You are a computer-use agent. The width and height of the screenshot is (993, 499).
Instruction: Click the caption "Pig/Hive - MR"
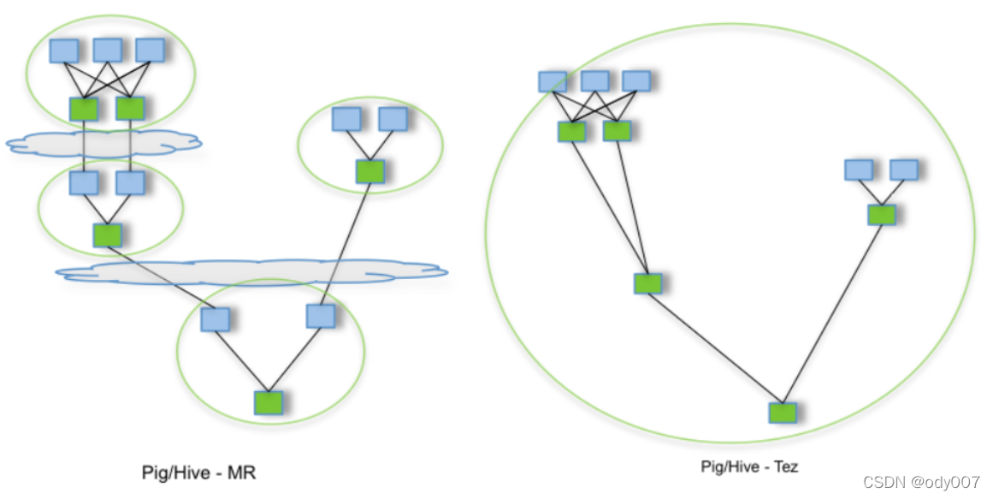click(x=198, y=472)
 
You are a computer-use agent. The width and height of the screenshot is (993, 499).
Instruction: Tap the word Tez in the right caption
click(x=783, y=467)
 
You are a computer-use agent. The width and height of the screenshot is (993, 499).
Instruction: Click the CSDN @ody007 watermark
click(x=920, y=482)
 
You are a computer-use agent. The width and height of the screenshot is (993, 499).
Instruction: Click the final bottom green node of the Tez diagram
click(x=783, y=413)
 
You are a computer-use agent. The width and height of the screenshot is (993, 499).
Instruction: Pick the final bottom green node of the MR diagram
click(x=268, y=401)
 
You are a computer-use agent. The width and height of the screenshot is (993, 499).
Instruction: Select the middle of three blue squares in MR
click(x=107, y=50)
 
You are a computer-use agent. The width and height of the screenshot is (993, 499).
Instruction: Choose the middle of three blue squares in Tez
click(x=594, y=81)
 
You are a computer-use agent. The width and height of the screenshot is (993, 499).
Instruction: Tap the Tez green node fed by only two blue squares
click(x=881, y=214)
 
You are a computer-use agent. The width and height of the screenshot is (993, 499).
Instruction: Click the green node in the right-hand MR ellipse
click(x=369, y=171)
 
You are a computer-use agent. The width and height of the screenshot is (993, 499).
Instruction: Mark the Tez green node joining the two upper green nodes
click(x=647, y=283)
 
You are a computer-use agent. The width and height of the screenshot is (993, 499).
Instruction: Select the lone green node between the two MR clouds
click(x=107, y=235)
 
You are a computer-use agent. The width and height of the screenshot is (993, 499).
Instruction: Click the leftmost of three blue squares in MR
click(x=63, y=50)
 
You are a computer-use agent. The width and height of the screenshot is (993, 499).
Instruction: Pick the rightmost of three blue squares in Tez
click(x=635, y=81)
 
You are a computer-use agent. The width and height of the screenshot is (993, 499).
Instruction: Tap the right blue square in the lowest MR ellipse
click(x=320, y=316)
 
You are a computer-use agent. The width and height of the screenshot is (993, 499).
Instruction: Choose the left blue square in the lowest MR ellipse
click(x=215, y=319)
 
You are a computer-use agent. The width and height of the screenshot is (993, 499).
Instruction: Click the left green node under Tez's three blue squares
click(x=571, y=131)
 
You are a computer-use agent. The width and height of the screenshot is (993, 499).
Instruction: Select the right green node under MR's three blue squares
click(x=130, y=108)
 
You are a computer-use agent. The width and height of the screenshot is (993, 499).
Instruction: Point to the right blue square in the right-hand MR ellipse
click(x=393, y=118)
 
